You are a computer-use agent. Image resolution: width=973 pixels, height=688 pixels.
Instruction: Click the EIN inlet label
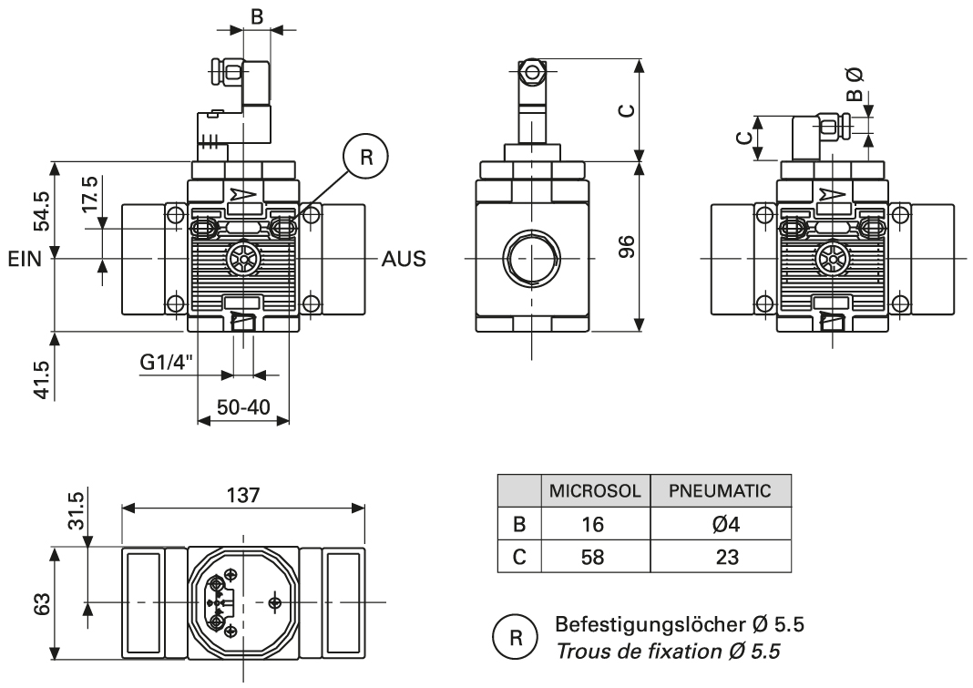tap(26, 259)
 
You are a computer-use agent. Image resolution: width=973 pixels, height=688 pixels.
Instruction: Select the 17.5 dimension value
tap(88, 194)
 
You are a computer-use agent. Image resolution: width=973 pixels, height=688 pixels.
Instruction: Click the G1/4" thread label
tap(168, 362)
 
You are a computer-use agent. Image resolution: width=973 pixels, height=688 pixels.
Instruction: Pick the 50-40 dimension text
tap(241, 407)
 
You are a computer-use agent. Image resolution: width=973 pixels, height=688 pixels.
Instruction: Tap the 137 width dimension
tap(243, 495)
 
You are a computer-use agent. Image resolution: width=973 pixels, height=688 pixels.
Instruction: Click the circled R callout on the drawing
tap(366, 157)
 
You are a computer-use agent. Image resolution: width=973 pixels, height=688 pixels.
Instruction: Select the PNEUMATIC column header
tap(720, 490)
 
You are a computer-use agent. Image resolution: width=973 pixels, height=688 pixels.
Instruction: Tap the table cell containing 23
tap(720, 556)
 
